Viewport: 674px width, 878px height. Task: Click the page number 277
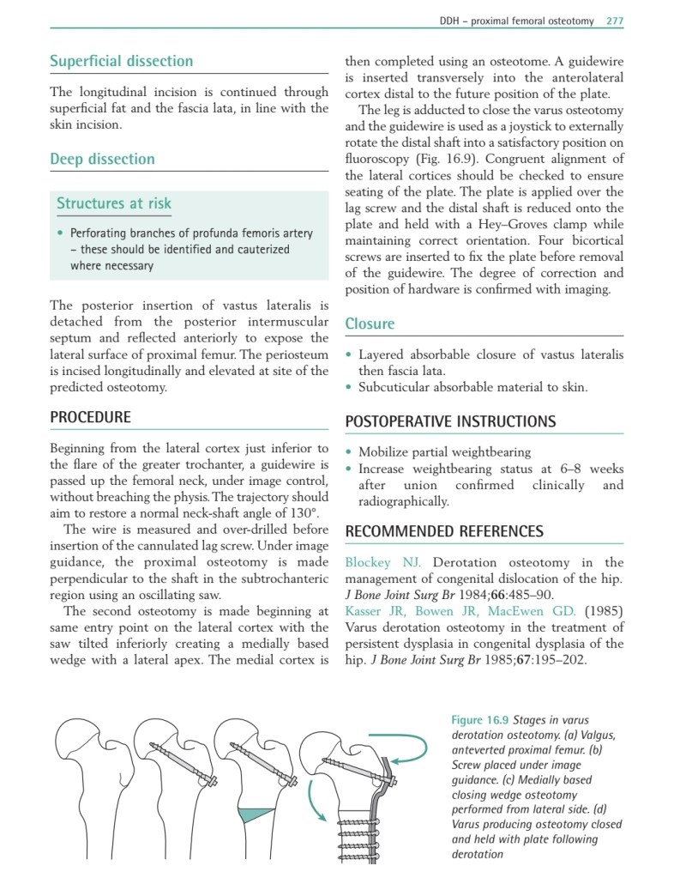point(614,21)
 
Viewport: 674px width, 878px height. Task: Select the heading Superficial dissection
point(121,62)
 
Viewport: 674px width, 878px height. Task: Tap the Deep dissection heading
point(102,159)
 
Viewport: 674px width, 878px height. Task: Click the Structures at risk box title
point(114,203)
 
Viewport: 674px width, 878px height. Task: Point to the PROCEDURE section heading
point(90,417)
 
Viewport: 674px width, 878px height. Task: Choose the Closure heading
point(370,324)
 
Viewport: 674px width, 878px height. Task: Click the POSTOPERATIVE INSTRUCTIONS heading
point(450,421)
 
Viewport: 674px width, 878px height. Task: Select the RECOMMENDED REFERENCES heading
point(443,531)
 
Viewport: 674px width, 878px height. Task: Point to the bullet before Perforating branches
point(59,233)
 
